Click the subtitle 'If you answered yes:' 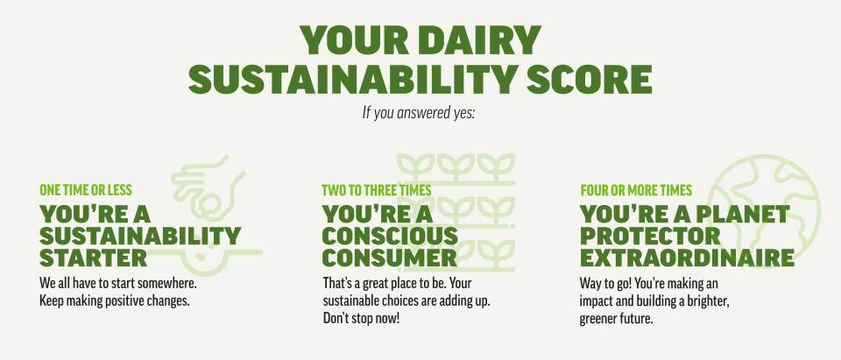tap(419, 112)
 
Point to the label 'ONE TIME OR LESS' tap(86, 190)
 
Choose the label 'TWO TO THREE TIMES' tap(376, 190)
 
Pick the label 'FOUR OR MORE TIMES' tap(636, 190)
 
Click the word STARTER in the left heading tap(94, 258)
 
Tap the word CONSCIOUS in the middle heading tap(390, 236)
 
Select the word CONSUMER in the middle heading tap(389, 258)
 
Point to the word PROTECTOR tap(651, 236)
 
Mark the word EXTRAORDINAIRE tap(687, 258)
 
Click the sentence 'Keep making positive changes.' tap(115, 300)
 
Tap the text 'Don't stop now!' tap(361, 318)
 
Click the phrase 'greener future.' tap(616, 318)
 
